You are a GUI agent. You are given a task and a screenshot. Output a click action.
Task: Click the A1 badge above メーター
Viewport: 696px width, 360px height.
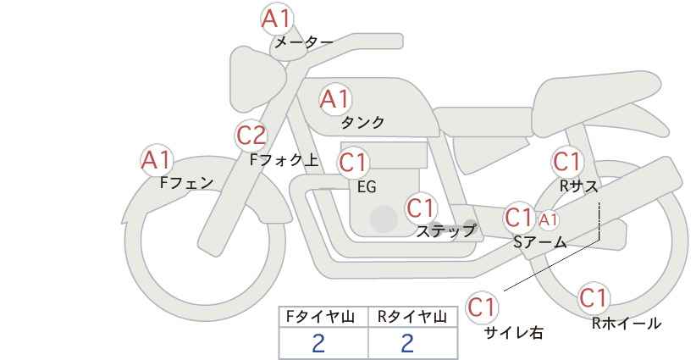[x=277, y=19]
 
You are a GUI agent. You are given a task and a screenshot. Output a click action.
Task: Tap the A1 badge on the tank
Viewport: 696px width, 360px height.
[x=335, y=99]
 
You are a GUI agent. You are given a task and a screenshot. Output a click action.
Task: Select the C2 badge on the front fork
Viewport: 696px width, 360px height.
[x=251, y=136]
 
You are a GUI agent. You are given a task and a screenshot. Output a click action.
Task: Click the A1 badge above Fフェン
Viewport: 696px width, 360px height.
[x=157, y=160]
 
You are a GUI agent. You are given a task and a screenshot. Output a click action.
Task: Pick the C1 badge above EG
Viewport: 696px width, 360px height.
[x=354, y=163]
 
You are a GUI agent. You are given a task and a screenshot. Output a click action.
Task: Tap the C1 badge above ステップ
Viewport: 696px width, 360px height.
[x=423, y=208]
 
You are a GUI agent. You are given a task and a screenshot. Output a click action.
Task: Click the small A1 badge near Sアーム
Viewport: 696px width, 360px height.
[x=549, y=219]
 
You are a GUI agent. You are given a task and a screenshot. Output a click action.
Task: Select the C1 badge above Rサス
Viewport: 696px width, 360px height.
[x=567, y=162]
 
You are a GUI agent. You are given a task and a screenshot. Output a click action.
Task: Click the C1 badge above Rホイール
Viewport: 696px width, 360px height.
[x=594, y=298]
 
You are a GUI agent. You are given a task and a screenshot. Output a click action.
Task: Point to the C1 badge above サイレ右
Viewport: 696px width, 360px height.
[x=482, y=307]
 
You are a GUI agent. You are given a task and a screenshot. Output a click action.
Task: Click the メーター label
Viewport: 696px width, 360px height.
[x=304, y=42]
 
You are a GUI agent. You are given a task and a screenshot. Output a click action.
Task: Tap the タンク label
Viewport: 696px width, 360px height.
[x=362, y=123]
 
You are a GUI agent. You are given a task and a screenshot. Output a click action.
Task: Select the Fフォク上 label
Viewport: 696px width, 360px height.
[x=284, y=160]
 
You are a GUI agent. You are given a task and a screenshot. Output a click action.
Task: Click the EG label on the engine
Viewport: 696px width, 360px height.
[x=367, y=187]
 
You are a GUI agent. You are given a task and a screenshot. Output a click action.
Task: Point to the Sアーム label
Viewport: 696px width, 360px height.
[x=539, y=242]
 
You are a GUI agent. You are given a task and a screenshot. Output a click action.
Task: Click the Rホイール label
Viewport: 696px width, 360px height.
[x=627, y=324]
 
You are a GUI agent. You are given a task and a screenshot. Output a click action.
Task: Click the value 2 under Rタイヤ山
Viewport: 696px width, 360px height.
[x=407, y=343]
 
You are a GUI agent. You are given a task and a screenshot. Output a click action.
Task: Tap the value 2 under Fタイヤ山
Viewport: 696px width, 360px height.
[x=318, y=343]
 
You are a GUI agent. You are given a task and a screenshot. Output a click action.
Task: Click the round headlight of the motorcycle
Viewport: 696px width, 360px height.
[x=256, y=80]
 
